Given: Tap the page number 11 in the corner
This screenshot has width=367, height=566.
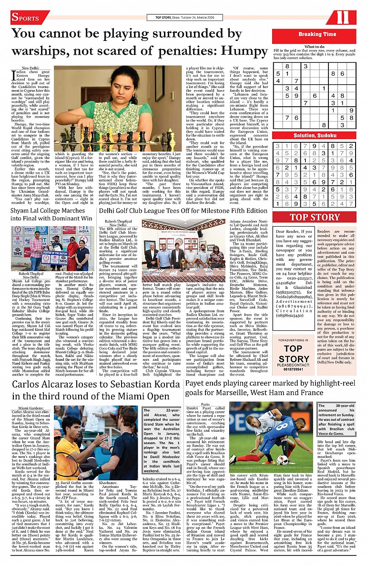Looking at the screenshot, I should [343, 18].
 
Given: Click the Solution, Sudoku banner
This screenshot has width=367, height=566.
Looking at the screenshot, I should [314, 136].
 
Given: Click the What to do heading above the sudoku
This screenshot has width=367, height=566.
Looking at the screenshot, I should [315, 47].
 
